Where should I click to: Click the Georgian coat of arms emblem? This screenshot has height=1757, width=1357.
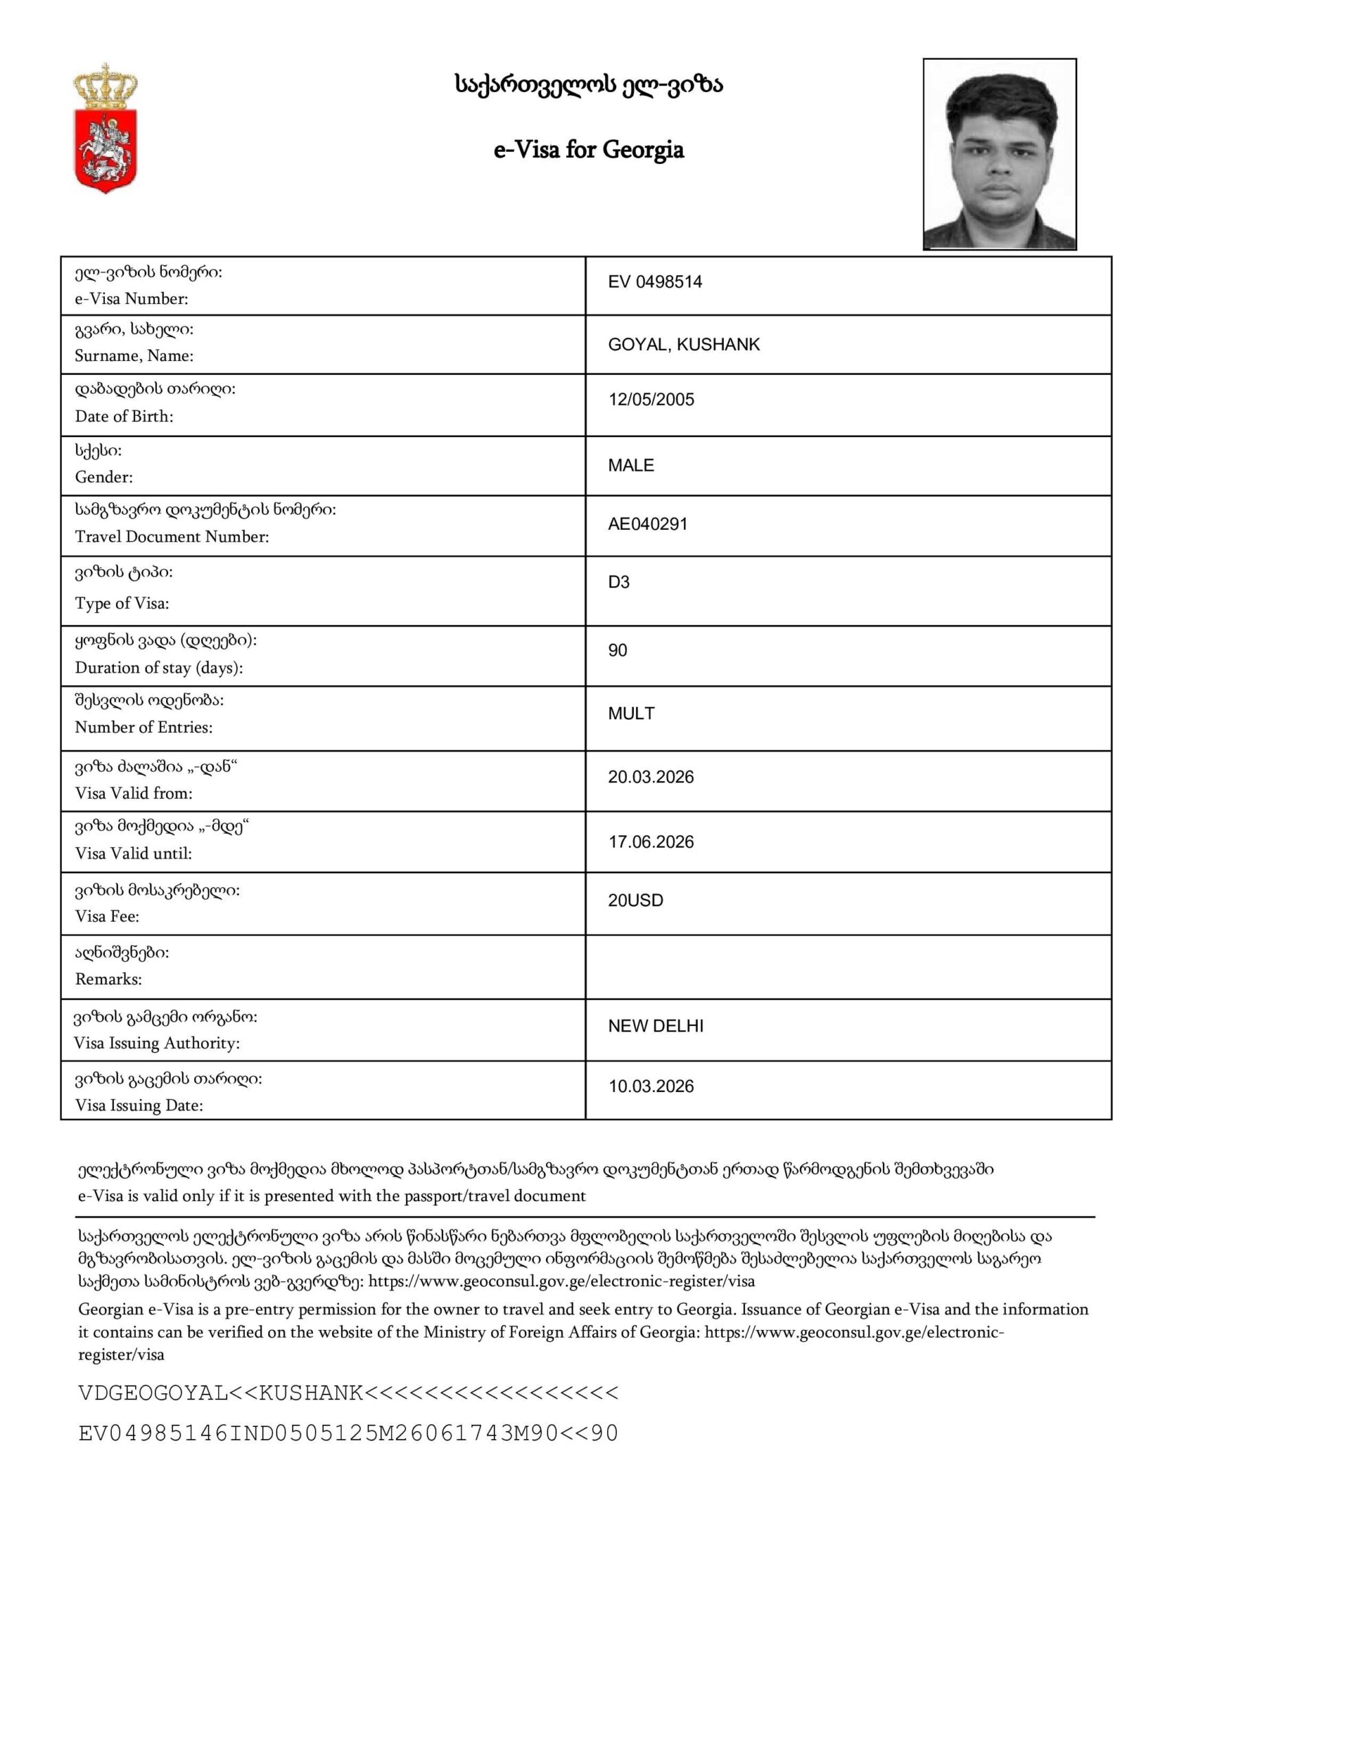[106, 129]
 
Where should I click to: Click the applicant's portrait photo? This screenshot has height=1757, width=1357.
[999, 154]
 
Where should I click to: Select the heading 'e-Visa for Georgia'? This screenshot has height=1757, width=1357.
[589, 150]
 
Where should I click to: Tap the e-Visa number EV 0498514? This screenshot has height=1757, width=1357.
[654, 282]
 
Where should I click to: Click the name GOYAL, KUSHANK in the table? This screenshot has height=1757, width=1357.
[684, 345]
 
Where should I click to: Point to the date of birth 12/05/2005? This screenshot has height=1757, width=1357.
[651, 400]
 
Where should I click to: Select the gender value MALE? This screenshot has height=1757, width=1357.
[630, 466]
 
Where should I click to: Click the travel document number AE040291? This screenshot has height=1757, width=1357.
[648, 524]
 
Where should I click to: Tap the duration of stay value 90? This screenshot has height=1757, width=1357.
[617, 651]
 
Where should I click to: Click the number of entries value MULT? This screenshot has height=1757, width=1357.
[630, 714]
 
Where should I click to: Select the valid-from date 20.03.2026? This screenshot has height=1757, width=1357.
[651, 777]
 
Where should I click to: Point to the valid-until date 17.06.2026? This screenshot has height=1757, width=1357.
[651, 842]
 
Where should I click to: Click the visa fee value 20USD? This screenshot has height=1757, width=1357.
[635, 901]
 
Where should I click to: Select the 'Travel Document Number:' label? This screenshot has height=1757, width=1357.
[172, 537]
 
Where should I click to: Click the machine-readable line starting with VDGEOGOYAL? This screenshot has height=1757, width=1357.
[349, 1393]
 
